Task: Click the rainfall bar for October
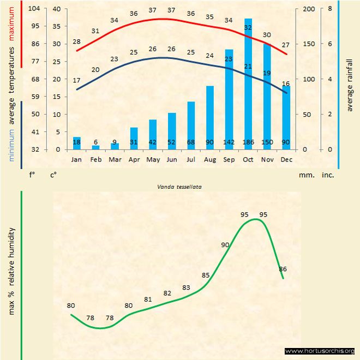(248, 87)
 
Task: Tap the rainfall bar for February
(96, 147)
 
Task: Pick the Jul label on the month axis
(191, 159)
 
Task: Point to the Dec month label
(286, 159)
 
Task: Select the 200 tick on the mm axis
(308, 9)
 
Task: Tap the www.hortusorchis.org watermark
(320, 351)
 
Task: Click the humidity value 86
(283, 269)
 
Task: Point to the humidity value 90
(225, 245)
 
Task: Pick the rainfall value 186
(248, 142)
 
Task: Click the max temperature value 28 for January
(77, 41)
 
